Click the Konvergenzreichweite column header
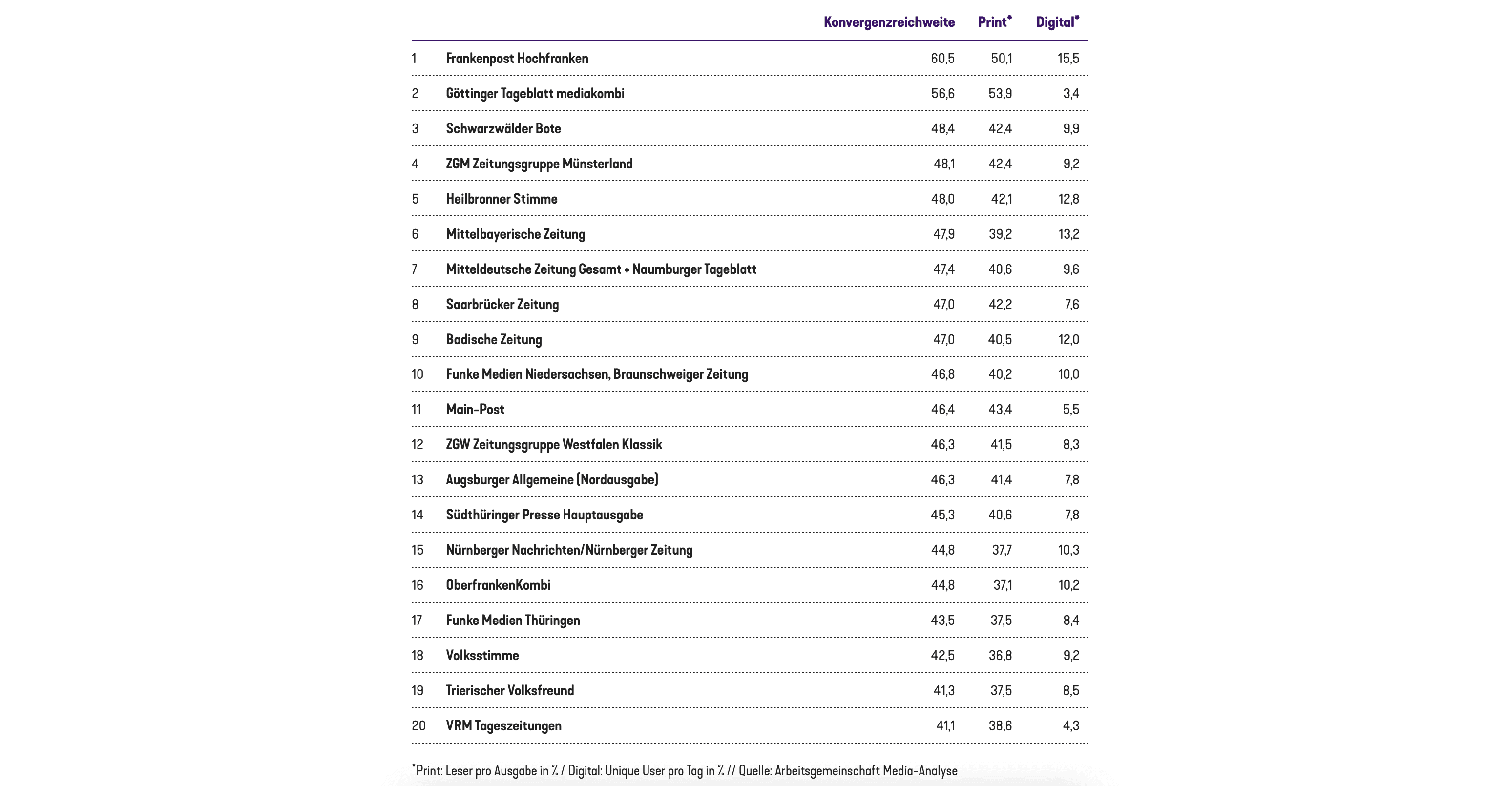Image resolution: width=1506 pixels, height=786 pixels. click(x=889, y=22)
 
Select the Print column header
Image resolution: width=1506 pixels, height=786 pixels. click(x=993, y=22)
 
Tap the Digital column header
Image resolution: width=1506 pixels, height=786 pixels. click(x=1056, y=22)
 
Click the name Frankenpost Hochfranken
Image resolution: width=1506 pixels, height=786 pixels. click(x=517, y=59)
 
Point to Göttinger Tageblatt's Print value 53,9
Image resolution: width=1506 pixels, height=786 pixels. click(x=1000, y=94)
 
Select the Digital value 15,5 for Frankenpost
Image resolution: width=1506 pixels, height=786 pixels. click(x=1068, y=59)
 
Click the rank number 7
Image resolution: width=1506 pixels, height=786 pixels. click(x=415, y=269)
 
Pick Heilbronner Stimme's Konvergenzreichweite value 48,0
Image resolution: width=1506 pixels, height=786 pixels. click(x=942, y=199)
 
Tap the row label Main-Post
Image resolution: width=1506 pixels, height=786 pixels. click(x=475, y=410)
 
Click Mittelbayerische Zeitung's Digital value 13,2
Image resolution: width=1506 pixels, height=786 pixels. click(x=1068, y=234)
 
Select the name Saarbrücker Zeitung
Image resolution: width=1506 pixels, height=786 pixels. click(x=502, y=305)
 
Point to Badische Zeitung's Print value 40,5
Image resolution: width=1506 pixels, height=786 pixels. click(x=1000, y=339)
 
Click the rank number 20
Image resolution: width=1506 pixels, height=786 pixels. click(x=418, y=726)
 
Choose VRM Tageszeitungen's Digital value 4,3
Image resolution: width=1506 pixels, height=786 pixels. click(x=1070, y=726)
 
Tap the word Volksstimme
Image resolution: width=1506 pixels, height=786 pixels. click(x=482, y=656)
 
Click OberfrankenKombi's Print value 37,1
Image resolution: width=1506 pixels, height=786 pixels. click(x=1002, y=585)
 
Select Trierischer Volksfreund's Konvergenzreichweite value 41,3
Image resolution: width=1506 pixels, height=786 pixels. click(x=943, y=691)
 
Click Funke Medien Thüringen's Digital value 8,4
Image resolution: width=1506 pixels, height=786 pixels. click(x=1070, y=621)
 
